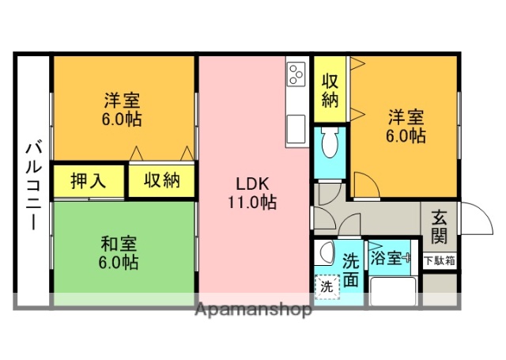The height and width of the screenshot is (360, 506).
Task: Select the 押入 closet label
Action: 88,180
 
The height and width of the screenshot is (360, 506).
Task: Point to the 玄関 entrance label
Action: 440,226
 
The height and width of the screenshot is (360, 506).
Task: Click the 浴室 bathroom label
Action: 387,258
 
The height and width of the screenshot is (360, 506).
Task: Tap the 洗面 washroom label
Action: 352,268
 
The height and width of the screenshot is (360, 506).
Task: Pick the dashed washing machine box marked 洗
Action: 325,286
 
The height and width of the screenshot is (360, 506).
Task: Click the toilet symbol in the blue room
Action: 330,146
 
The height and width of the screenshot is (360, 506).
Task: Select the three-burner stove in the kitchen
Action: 296,75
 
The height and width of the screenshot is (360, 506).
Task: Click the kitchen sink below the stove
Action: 296,127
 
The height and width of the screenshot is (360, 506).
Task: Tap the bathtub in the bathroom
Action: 392,291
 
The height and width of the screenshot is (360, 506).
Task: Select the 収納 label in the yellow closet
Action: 330,90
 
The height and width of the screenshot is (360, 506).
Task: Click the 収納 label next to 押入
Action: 161,180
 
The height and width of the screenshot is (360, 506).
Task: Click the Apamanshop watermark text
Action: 253,309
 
